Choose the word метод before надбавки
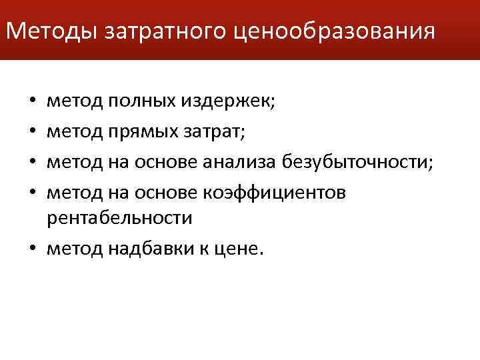point(75,248)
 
